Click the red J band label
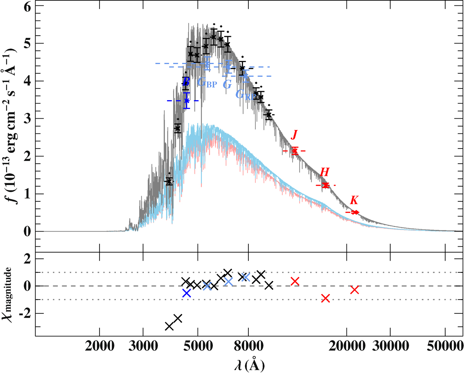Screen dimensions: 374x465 (x=294, y=135)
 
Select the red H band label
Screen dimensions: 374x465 (x=325, y=172)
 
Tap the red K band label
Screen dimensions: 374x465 (x=354, y=201)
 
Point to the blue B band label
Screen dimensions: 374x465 (x=186, y=81)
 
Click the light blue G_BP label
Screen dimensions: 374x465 (x=207, y=82)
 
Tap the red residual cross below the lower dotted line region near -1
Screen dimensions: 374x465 (x=325, y=298)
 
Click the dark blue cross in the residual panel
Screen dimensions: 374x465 (x=186, y=293)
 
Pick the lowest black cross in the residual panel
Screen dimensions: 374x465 (x=169, y=326)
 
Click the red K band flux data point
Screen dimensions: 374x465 (x=355, y=212)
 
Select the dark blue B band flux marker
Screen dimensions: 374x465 (x=187, y=100)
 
